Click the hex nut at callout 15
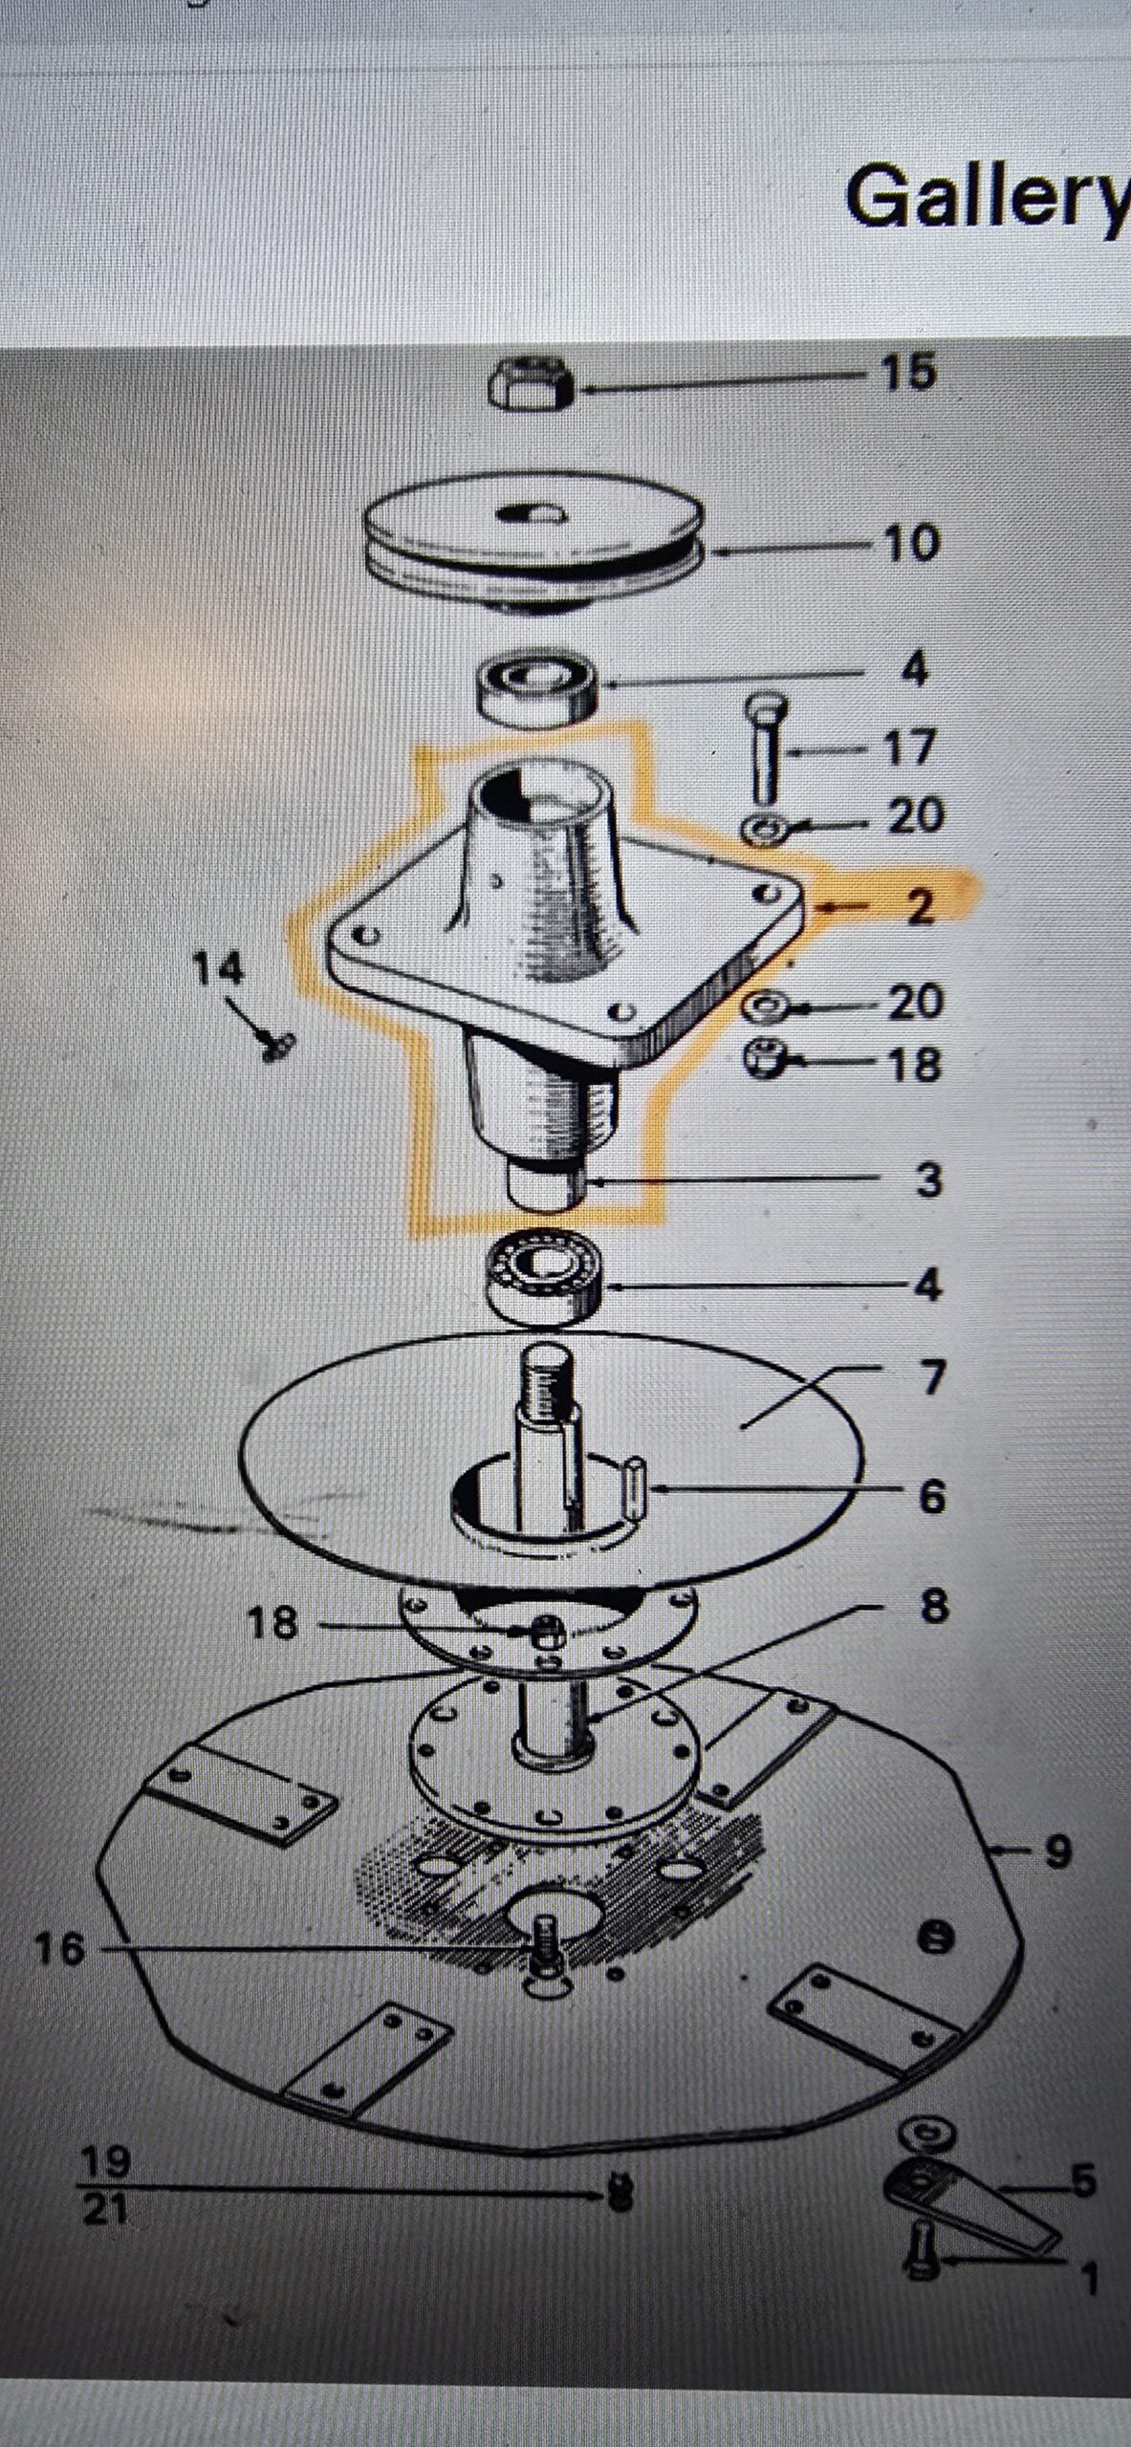(x=531, y=386)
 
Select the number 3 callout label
(x=927, y=1180)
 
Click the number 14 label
(x=219, y=969)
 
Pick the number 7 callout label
(x=931, y=1377)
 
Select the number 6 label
(x=931, y=1496)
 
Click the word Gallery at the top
(x=988, y=198)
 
